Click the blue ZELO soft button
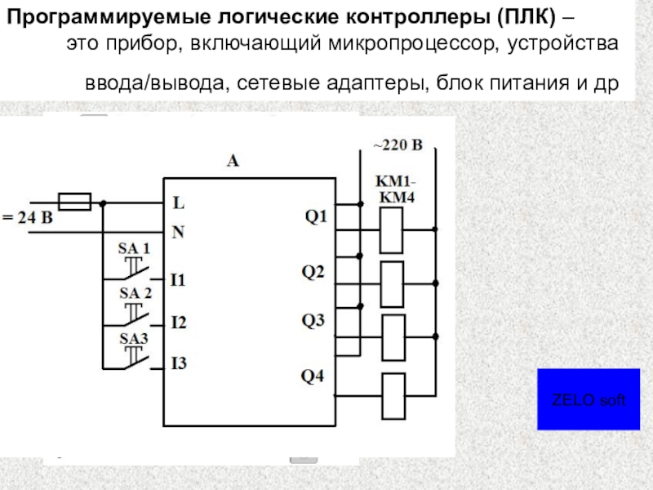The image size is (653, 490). coord(588,399)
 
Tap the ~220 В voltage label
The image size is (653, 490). coord(398,146)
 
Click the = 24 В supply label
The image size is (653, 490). coord(27,218)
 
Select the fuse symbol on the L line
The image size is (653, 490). coord(75,201)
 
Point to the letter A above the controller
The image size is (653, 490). coord(233,162)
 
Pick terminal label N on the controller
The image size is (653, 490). coord(179,233)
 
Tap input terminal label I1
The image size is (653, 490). coord(178,280)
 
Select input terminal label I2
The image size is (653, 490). coord(178,323)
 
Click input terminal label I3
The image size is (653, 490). coord(178,363)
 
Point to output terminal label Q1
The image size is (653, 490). coord(315,216)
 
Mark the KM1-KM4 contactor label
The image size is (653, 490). coord(395,188)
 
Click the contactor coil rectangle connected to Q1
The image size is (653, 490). coord(393,230)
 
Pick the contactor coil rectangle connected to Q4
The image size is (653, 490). coord(393,395)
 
